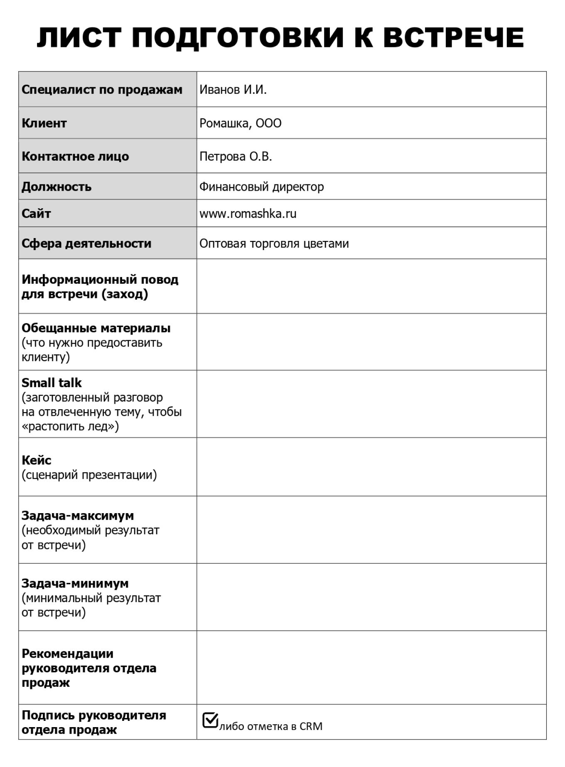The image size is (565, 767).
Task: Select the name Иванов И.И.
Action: tap(233, 90)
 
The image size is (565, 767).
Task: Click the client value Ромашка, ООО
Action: tap(241, 123)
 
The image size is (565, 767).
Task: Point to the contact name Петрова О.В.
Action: tap(236, 157)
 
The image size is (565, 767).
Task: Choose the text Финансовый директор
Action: tap(261, 187)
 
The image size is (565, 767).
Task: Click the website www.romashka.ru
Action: tap(248, 214)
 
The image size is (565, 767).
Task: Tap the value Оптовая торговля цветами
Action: tap(274, 243)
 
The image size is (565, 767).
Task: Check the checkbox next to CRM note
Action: tap(210, 720)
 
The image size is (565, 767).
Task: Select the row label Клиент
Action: tap(44, 123)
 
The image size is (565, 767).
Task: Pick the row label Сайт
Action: tap(36, 214)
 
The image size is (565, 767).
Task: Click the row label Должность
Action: tap(56, 187)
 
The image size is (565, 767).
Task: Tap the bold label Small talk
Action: tap(52, 383)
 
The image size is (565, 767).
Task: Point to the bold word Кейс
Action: tap(37, 460)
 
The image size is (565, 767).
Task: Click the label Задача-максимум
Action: tap(78, 516)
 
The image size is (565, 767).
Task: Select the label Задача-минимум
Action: tap(75, 583)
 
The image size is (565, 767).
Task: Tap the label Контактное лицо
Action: tap(75, 157)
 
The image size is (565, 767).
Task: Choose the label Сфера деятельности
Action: tap(86, 243)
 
